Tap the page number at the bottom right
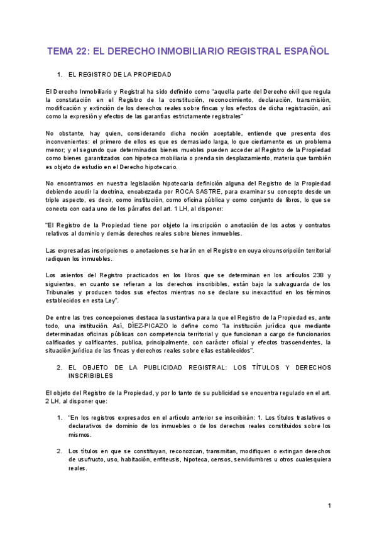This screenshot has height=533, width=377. pyautogui.click(x=329, y=506)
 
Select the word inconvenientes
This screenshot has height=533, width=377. pyautogui.click(x=77, y=142)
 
